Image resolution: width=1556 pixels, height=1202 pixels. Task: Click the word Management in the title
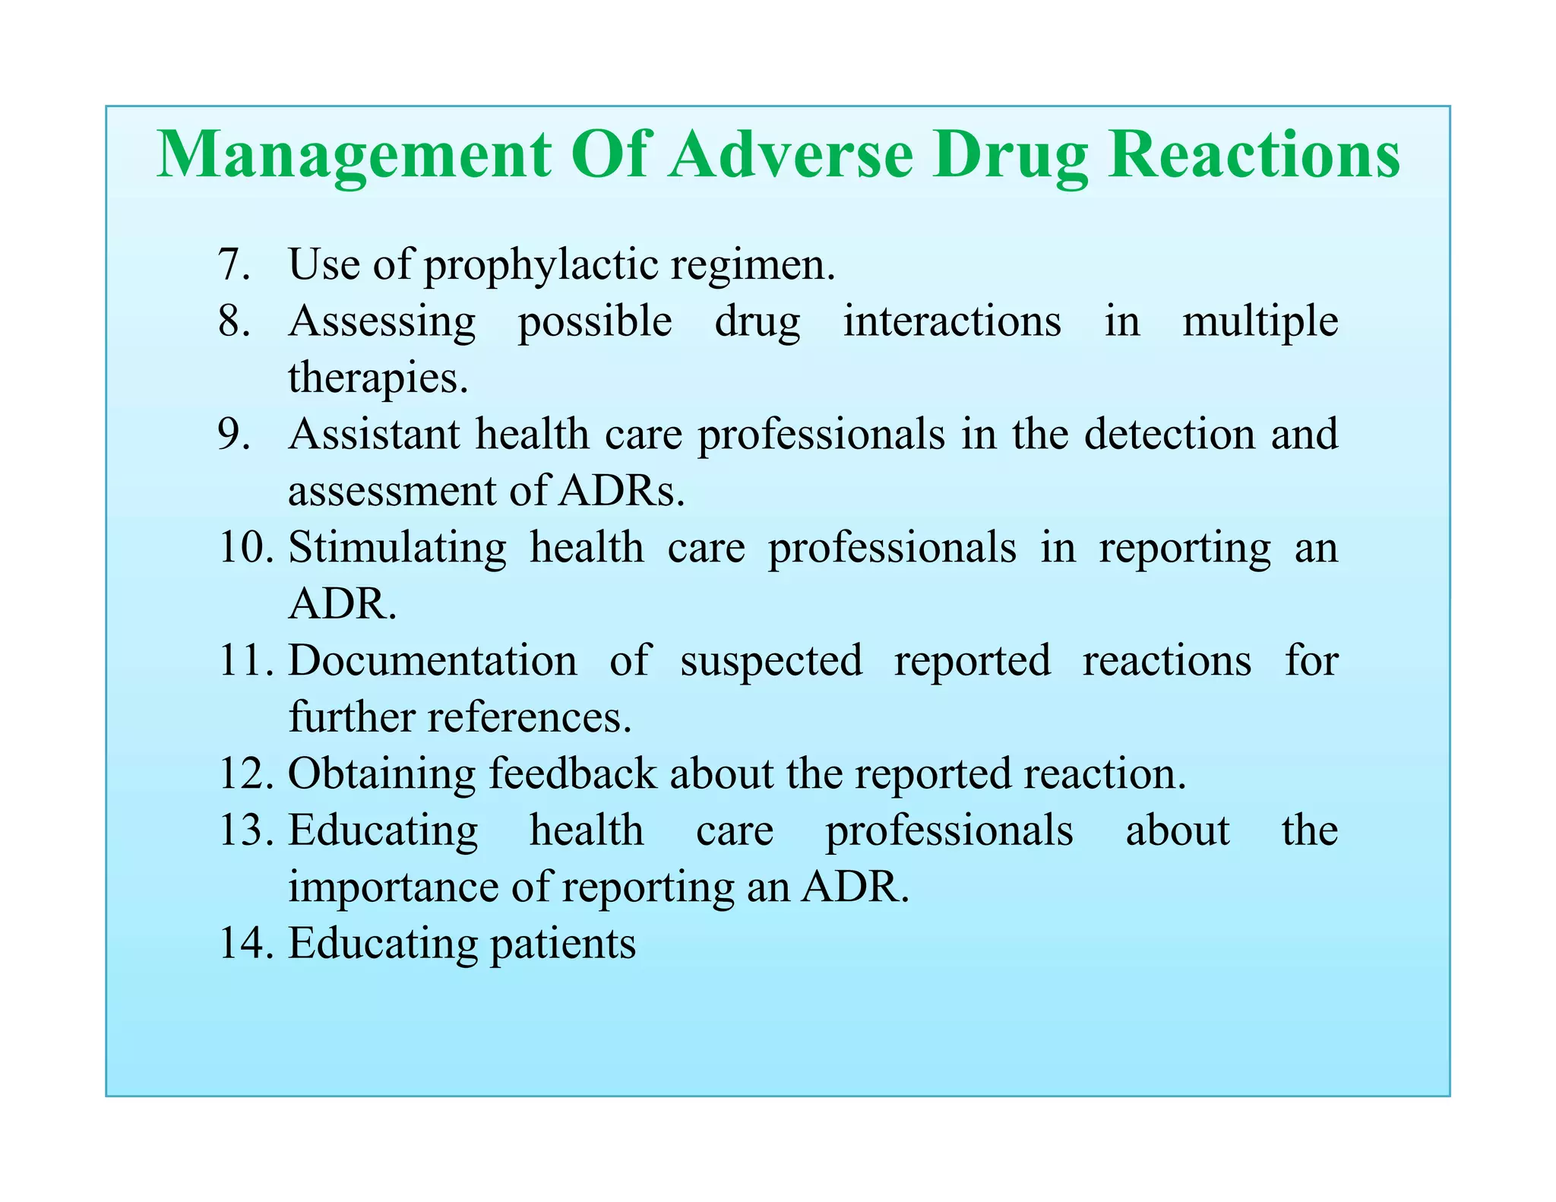(354, 156)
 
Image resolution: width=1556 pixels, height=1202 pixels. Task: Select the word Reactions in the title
(1254, 154)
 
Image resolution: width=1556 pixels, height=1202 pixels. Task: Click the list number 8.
(233, 321)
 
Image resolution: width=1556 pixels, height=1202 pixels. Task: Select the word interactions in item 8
(952, 321)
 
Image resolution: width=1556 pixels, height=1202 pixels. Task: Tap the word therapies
(378, 378)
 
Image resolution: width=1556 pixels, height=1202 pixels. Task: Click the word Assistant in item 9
(375, 434)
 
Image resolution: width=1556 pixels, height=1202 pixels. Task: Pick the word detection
(1169, 434)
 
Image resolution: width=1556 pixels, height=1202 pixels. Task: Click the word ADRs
(621, 491)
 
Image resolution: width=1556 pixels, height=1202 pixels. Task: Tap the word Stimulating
(397, 547)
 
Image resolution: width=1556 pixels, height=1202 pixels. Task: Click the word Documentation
(432, 660)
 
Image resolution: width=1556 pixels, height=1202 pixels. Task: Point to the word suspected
(771, 661)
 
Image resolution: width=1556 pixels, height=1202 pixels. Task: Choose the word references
(529, 716)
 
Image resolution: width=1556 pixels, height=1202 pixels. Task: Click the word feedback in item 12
(572, 773)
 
